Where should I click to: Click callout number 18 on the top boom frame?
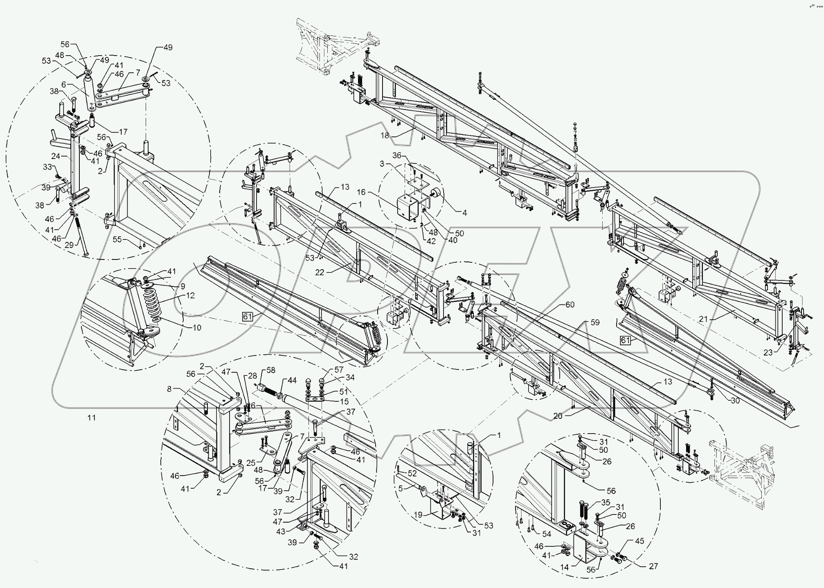(385, 135)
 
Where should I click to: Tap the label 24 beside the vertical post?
(56, 156)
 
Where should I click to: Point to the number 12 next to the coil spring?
(190, 295)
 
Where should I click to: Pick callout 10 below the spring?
(197, 327)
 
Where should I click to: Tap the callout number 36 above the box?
(397, 155)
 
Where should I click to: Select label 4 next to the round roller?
(464, 212)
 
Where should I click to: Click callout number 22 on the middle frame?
(320, 272)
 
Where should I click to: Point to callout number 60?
(570, 304)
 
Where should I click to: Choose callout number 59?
(594, 322)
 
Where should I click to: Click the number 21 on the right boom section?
(703, 319)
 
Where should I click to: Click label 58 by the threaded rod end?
(271, 370)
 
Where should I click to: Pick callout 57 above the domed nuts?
(339, 369)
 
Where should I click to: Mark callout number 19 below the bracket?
(418, 515)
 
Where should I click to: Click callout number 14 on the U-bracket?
(565, 567)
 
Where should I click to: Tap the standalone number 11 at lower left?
(92, 417)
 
